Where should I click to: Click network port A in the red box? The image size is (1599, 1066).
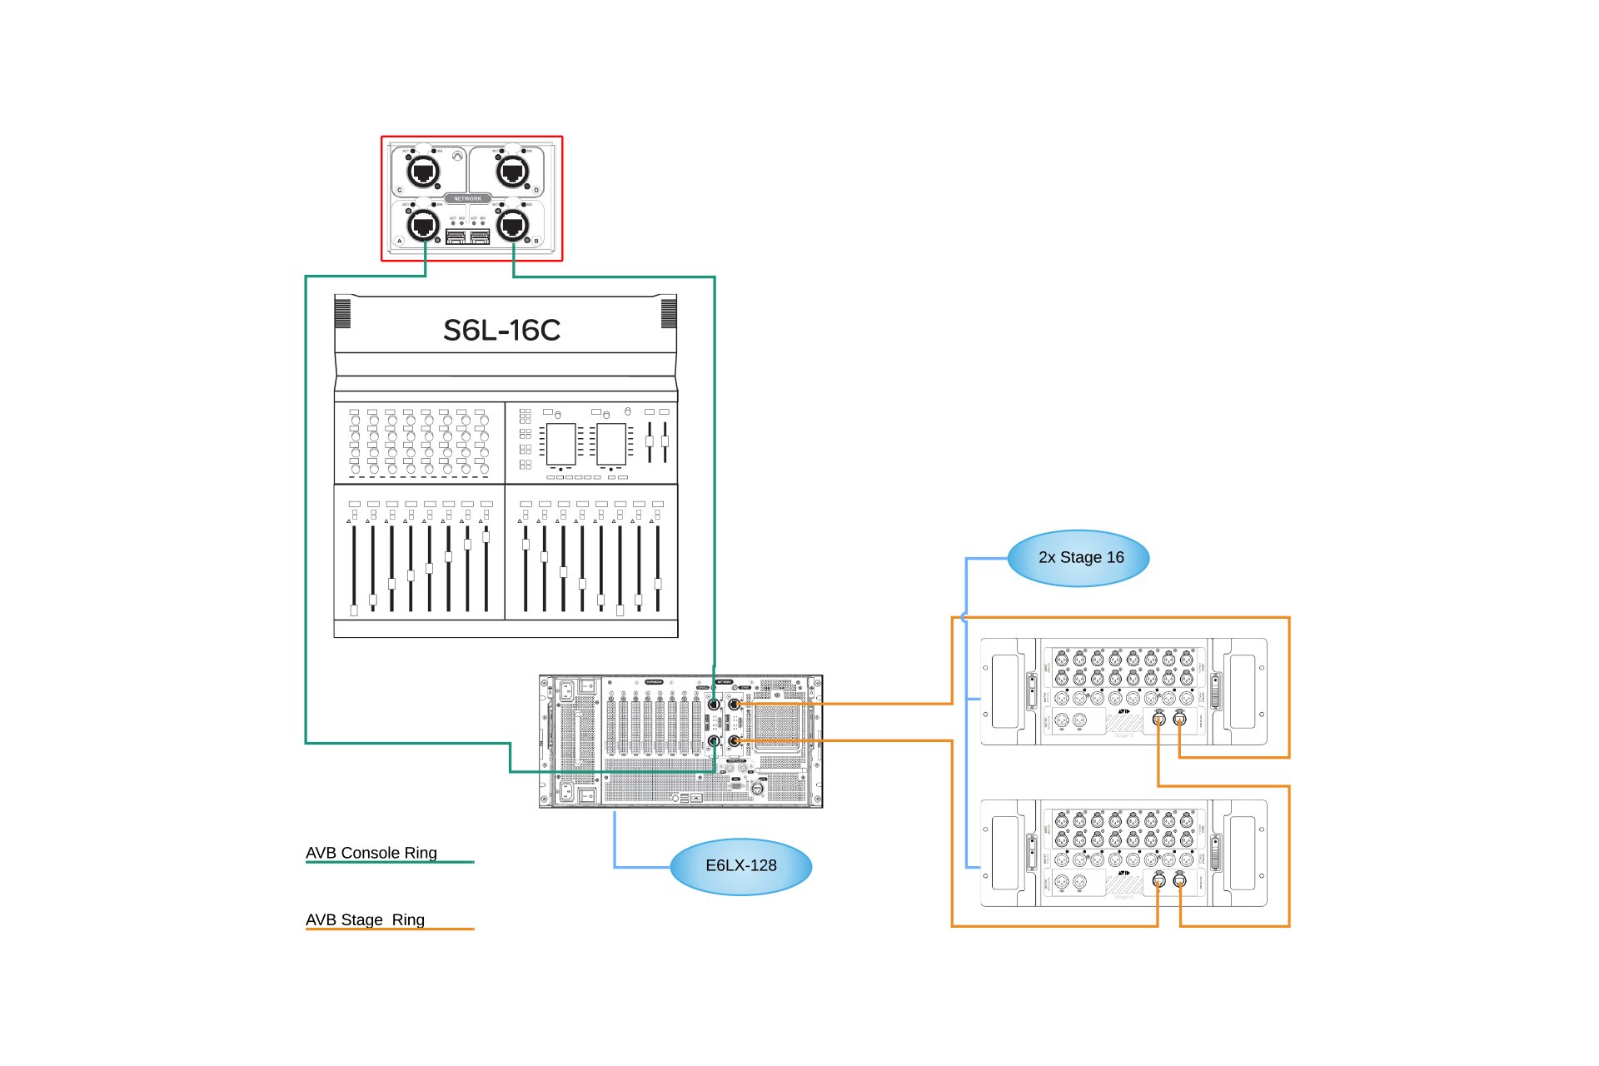(423, 225)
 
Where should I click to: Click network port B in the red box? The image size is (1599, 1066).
(513, 225)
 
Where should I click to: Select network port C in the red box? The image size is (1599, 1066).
(423, 172)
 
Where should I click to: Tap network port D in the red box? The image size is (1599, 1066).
(513, 172)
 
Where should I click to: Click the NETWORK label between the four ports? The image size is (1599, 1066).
(468, 199)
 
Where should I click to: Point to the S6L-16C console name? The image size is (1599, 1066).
(501, 331)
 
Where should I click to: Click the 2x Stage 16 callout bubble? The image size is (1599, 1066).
(1079, 558)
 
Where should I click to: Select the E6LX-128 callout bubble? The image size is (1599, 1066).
(740, 866)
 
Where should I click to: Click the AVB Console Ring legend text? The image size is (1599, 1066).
(371, 853)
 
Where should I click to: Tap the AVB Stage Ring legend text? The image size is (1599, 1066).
(366, 919)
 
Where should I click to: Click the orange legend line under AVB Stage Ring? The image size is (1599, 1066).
(390, 929)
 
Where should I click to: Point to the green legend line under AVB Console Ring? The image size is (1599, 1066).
(390, 862)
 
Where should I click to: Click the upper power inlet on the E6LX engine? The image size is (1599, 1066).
(566, 690)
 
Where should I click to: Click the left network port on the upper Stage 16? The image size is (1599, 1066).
(1158, 719)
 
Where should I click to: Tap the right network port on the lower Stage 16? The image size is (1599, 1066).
(1179, 880)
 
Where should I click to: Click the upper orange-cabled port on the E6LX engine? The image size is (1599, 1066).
(734, 705)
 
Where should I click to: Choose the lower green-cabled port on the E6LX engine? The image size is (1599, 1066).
(714, 740)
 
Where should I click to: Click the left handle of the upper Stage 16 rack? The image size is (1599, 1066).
(1005, 691)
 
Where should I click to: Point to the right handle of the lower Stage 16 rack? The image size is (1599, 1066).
(1242, 853)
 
